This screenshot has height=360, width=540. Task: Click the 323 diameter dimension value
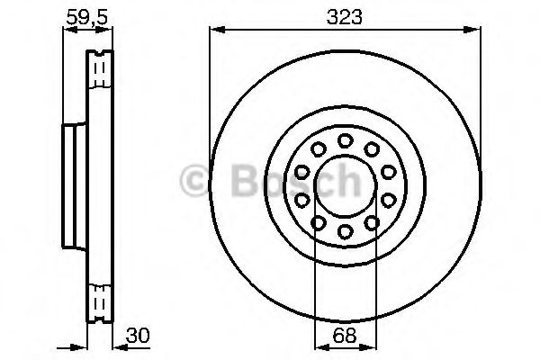pyautogui.click(x=345, y=17)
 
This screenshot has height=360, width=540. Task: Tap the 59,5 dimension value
pyautogui.click(x=87, y=17)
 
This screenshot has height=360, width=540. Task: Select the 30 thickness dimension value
pyautogui.click(x=138, y=336)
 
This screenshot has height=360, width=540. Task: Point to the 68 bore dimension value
pyautogui.click(x=345, y=336)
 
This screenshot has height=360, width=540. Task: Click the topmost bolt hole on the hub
pyautogui.click(x=345, y=140)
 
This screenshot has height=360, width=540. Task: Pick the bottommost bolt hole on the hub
pyautogui.click(x=345, y=230)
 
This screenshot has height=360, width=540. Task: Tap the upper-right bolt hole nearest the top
pyautogui.click(x=372, y=149)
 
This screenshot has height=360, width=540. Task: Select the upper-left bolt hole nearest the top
pyautogui.click(x=319, y=149)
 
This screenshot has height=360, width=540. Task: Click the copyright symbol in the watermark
pyautogui.click(x=193, y=180)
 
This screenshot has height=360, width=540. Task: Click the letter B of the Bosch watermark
pyautogui.click(x=245, y=180)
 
